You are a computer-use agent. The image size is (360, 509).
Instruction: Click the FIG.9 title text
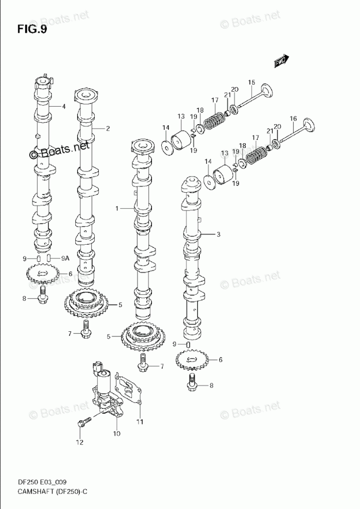pyautogui.click(x=32, y=29)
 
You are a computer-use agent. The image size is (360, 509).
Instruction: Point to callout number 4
pyautogui.click(x=64, y=107)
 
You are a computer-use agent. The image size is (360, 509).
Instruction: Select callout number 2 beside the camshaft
pyautogui.click(x=108, y=128)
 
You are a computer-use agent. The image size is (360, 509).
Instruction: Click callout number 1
pyautogui.click(x=117, y=209)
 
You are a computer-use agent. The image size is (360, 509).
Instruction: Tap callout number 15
pyautogui.click(x=251, y=82)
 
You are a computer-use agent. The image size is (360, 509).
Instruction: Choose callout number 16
pyautogui.click(x=293, y=118)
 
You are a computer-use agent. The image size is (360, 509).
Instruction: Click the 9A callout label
pyautogui.click(x=65, y=258)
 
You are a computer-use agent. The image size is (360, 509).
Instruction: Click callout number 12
pyautogui.click(x=79, y=442)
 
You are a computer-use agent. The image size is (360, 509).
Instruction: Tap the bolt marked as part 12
pyautogui.click(x=81, y=423)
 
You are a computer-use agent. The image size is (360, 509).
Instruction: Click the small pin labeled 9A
pyautogui.click(x=48, y=258)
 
